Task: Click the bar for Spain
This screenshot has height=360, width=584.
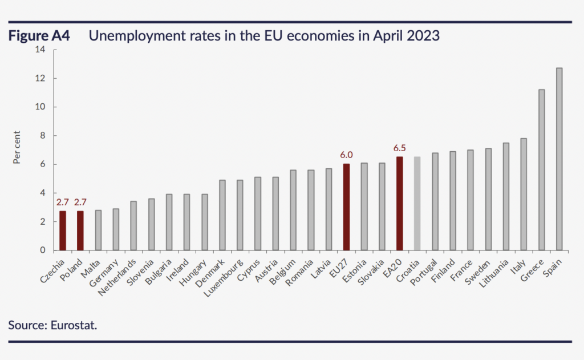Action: point(559,159)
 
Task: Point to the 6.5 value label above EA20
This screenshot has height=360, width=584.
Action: point(399,148)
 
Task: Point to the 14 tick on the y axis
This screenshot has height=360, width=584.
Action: point(40,50)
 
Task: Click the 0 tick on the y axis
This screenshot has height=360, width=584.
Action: point(42,250)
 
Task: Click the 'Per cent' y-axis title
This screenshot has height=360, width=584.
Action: point(18,150)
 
